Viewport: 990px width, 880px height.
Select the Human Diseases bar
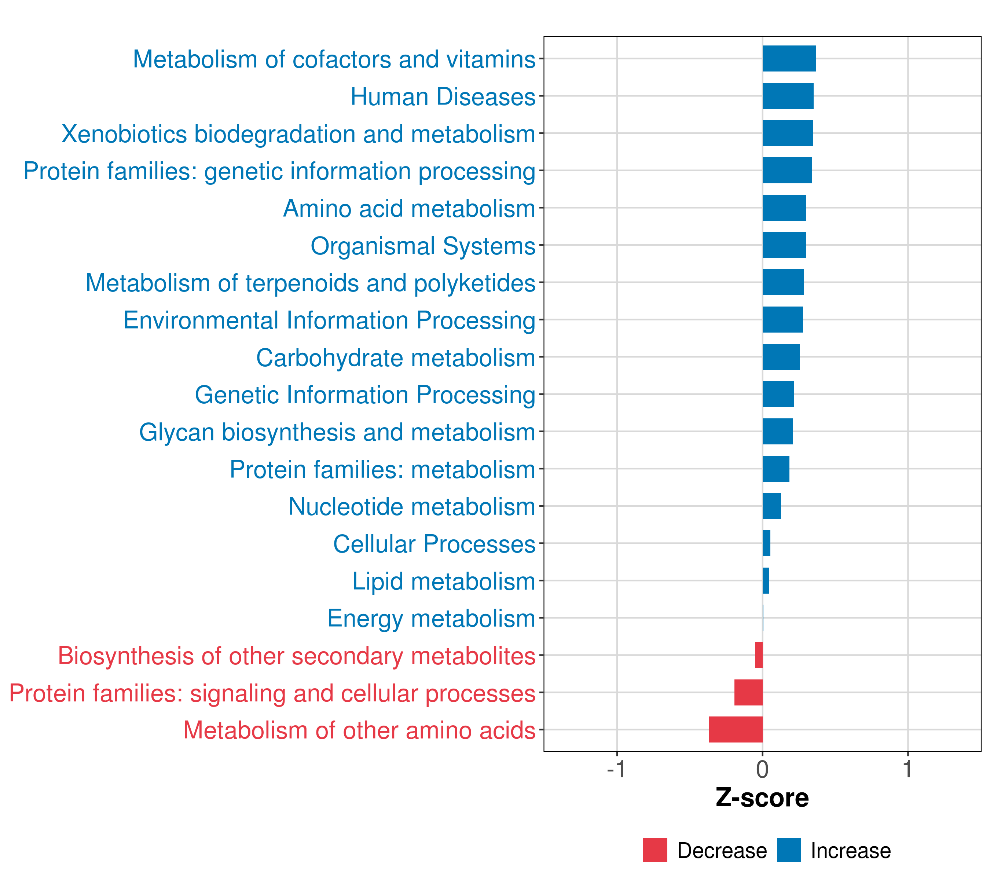point(788,96)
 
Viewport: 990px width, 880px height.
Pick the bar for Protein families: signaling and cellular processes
point(748,692)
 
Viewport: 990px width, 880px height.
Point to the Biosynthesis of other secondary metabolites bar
point(759,655)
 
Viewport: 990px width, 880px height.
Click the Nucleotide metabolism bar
point(771,506)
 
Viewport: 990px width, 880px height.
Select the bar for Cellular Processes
point(766,543)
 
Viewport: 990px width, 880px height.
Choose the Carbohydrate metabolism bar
point(781,357)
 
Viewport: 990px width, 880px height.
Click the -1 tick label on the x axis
point(616,769)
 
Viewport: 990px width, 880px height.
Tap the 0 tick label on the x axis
point(762,769)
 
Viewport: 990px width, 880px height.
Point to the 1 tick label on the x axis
point(907,769)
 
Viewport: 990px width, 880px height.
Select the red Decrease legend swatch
point(655,850)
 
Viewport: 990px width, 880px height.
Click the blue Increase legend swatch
point(788,850)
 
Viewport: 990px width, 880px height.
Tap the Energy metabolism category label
point(431,619)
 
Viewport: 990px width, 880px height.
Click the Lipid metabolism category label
point(443,581)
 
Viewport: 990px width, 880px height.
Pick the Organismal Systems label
point(423,246)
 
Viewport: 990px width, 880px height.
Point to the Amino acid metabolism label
point(409,209)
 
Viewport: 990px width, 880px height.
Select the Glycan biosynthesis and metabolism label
point(337,432)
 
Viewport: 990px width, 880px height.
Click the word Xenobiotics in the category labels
point(124,134)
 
